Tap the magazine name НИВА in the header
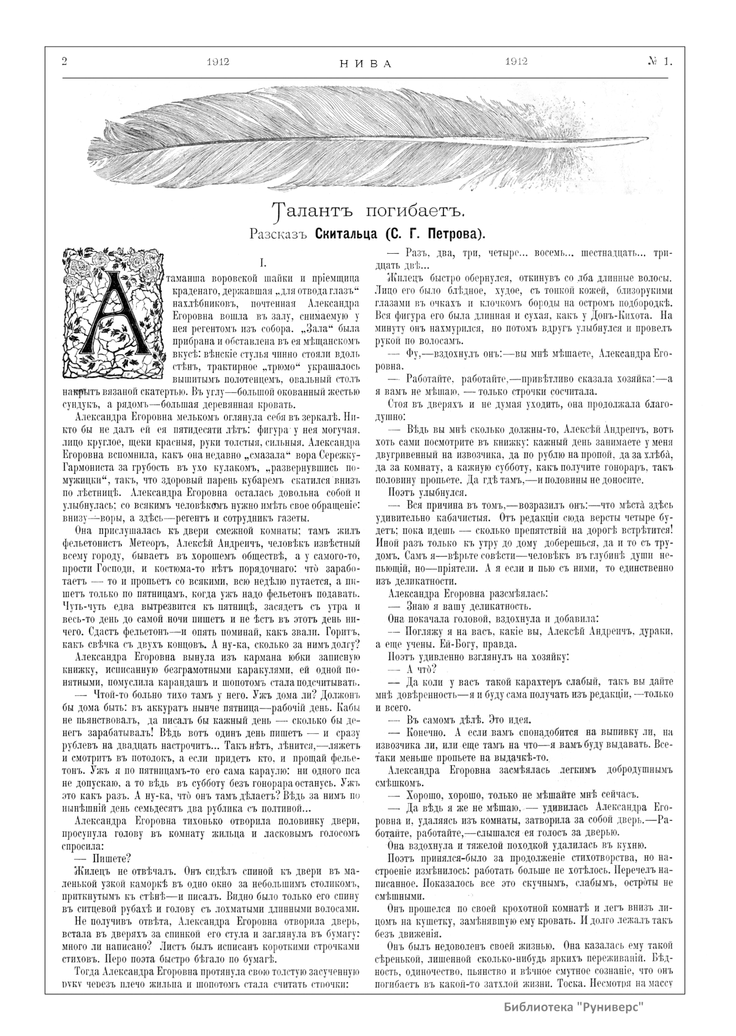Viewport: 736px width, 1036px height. point(366,63)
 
